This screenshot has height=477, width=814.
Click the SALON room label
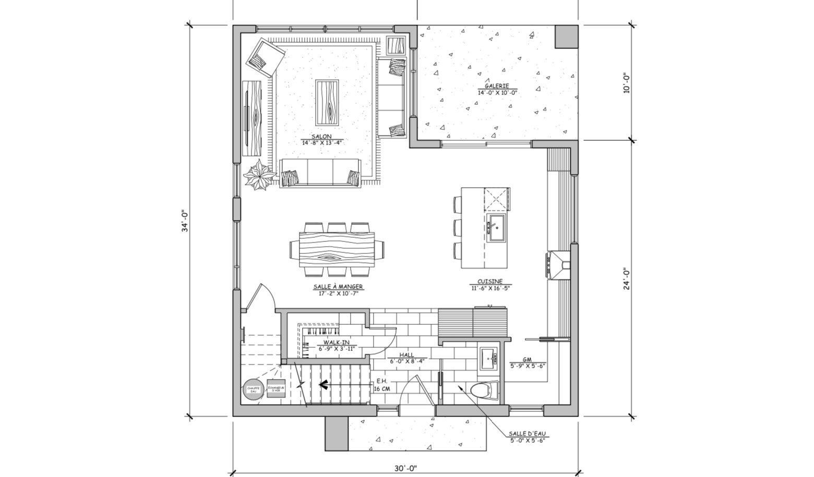point(323,137)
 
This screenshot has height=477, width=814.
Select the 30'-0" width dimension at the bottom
point(405,469)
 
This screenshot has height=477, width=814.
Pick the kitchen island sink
point(496,227)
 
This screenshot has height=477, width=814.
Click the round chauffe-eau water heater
point(253,389)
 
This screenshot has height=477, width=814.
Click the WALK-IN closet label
point(337,343)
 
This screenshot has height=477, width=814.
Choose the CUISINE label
point(489,282)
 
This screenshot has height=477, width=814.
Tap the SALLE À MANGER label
point(338,287)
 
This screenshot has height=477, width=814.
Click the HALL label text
point(406,355)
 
